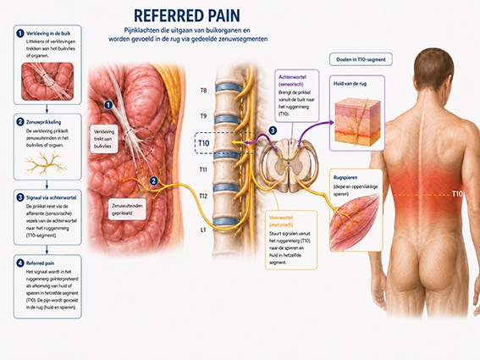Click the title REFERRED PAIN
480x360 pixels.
187,15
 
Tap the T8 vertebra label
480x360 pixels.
203,91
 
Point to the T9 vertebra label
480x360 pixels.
203,116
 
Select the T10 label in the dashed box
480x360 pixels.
203,143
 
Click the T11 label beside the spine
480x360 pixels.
203,169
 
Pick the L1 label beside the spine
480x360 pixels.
203,230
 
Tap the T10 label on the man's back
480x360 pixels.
457,194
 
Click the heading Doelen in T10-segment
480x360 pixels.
361,59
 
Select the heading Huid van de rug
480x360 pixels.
350,83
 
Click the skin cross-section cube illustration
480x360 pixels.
357,122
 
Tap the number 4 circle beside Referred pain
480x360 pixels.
20,263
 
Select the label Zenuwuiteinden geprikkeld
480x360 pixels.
127,209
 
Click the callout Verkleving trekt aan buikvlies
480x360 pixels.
104,139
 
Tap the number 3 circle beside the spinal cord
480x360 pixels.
273,130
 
